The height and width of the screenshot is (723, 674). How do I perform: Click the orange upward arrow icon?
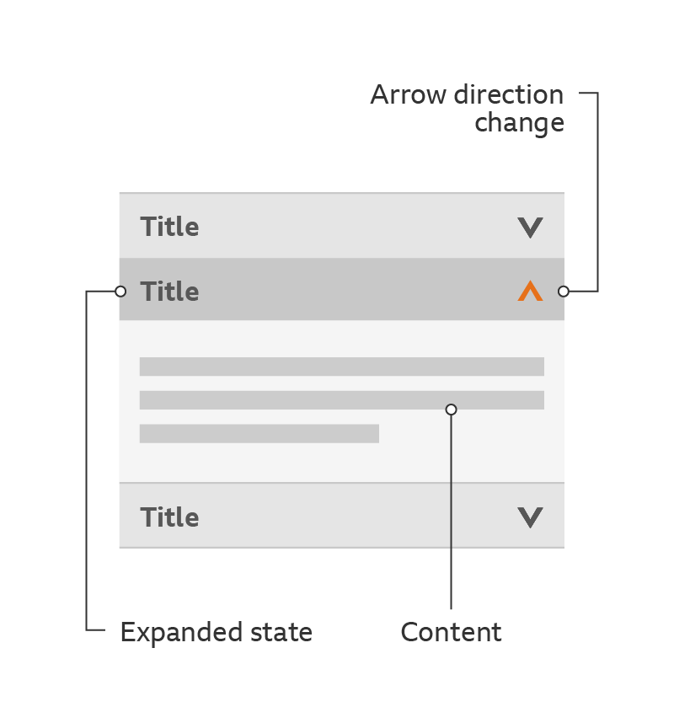click(530, 292)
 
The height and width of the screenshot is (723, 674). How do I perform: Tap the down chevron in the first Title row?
click(530, 228)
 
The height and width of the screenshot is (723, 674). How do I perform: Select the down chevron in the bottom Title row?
click(530, 517)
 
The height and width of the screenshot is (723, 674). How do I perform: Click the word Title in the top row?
click(169, 227)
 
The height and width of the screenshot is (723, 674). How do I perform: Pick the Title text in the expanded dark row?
click(169, 292)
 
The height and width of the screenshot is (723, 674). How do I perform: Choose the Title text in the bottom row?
click(169, 517)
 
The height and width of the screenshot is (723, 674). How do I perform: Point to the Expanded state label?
click(216, 632)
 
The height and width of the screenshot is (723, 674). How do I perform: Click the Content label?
click(451, 632)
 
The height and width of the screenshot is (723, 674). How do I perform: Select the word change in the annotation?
click(519, 123)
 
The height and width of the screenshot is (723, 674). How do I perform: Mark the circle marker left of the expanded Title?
click(120, 292)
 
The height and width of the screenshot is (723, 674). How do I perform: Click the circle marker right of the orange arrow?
click(564, 292)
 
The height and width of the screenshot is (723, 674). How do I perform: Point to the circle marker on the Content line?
click(452, 410)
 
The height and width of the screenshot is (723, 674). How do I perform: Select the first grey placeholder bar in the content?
click(341, 367)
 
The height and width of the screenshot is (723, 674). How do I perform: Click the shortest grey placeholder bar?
click(259, 434)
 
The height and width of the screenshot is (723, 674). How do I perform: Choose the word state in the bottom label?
click(280, 632)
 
